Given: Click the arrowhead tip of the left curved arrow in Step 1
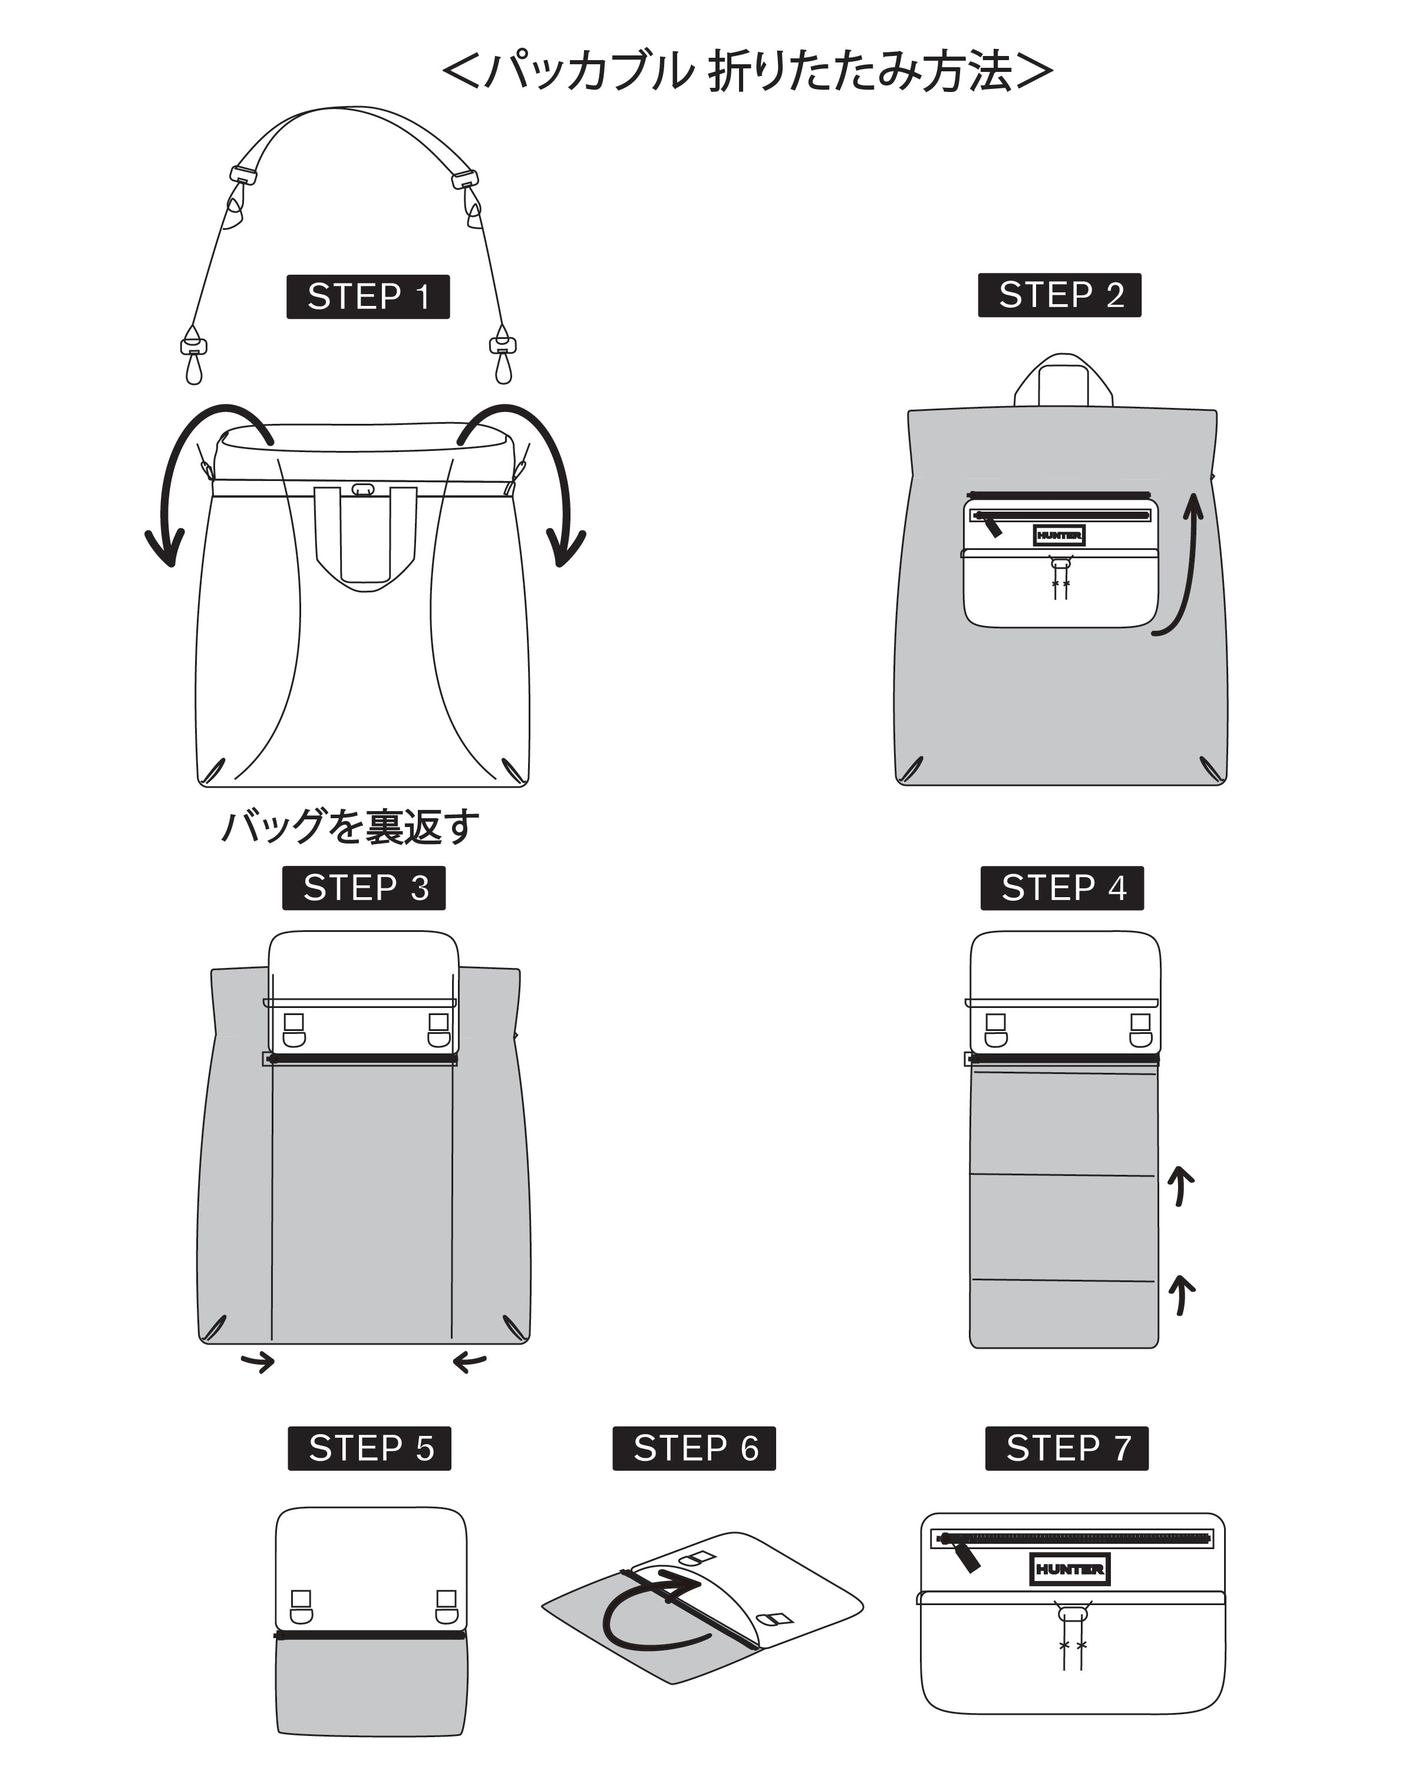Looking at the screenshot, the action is pos(171,565).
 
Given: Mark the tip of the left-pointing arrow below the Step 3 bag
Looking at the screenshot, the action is pos(454,1386).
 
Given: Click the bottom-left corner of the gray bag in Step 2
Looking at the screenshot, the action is pos(898,783).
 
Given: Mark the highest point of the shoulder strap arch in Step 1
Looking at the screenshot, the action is pos(353,107).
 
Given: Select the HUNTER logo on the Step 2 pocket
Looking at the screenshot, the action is pos(1059,535).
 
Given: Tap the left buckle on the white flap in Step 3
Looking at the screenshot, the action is pos(293,1030).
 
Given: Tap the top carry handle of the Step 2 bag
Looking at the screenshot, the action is pos(1063,380).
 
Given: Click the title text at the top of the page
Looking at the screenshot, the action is pos(747,71).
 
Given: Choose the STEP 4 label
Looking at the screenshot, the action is pos(1062,888).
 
